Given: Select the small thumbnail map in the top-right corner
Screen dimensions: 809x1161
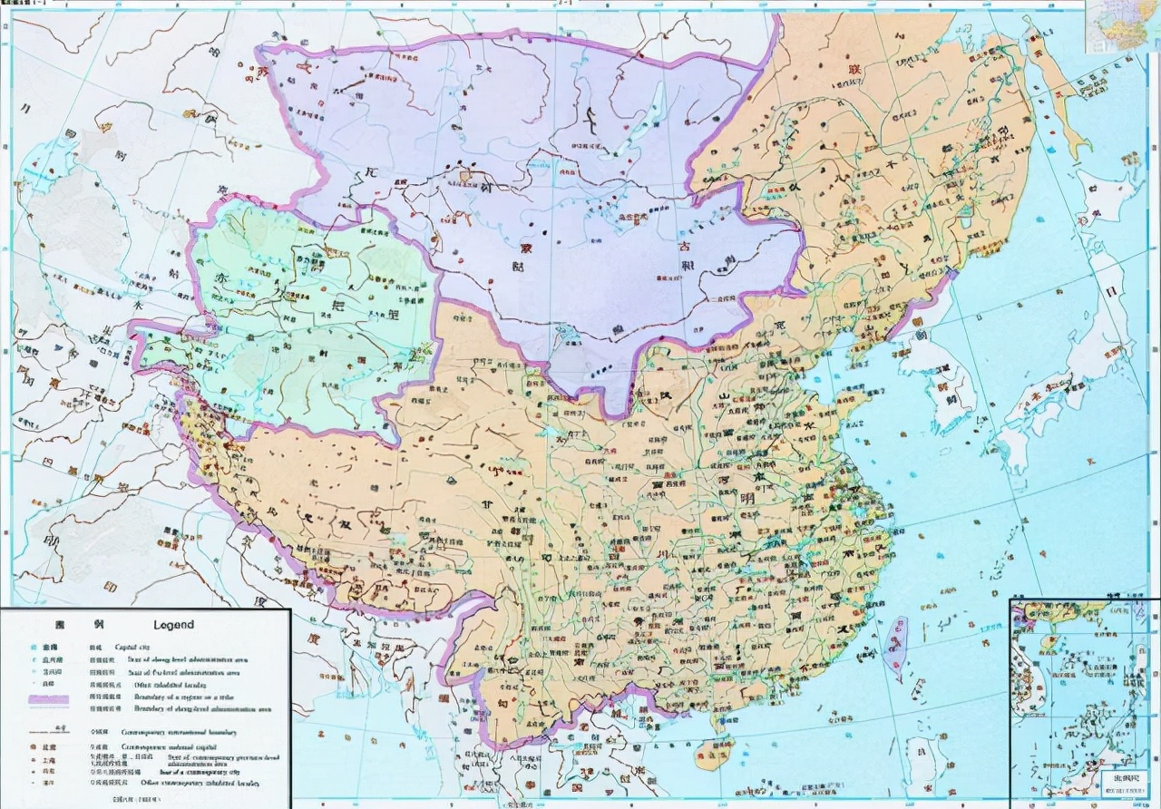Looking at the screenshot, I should pos(1123,24).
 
